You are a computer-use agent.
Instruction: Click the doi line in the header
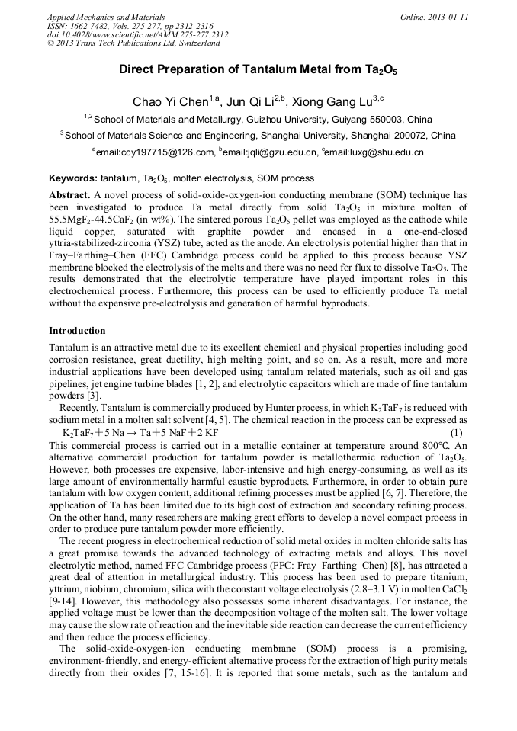137,34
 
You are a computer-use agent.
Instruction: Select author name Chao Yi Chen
163,101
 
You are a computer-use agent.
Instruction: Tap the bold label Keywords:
73,178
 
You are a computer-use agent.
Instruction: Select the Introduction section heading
77,331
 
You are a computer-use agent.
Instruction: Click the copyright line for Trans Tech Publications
133,43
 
